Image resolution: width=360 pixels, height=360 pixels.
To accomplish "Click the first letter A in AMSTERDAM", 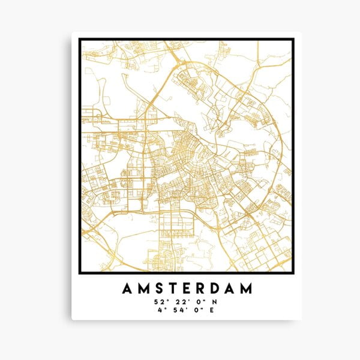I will click(127, 289).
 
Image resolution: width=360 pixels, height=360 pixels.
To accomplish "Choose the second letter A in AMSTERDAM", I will click(233, 289).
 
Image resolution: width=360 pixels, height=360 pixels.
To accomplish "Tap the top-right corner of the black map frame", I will click(293, 40).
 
